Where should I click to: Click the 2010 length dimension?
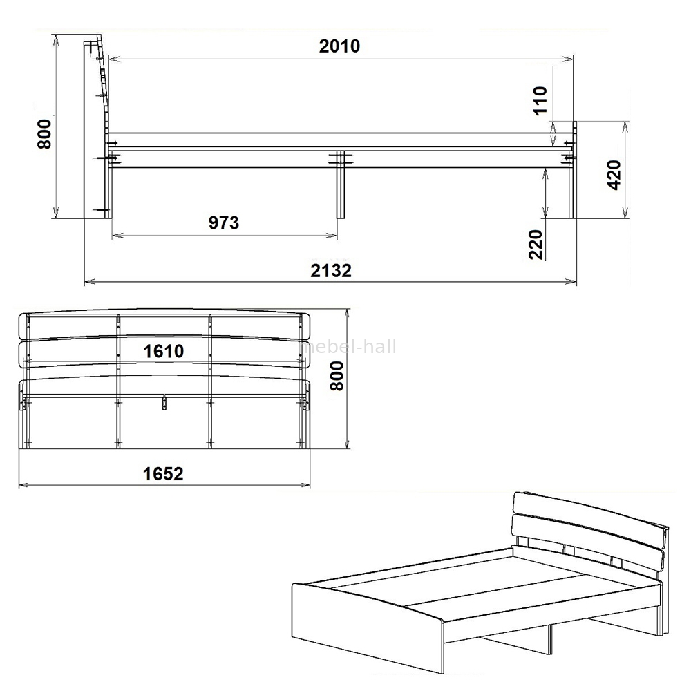click(x=339, y=46)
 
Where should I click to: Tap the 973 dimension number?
click(x=224, y=223)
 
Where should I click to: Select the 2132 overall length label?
click(x=331, y=271)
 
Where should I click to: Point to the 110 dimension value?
click(x=540, y=100)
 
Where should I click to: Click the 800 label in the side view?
click(x=44, y=135)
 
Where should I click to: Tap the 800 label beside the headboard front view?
click(x=337, y=376)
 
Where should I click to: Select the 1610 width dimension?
click(x=164, y=351)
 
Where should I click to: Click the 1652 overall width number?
click(x=163, y=474)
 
